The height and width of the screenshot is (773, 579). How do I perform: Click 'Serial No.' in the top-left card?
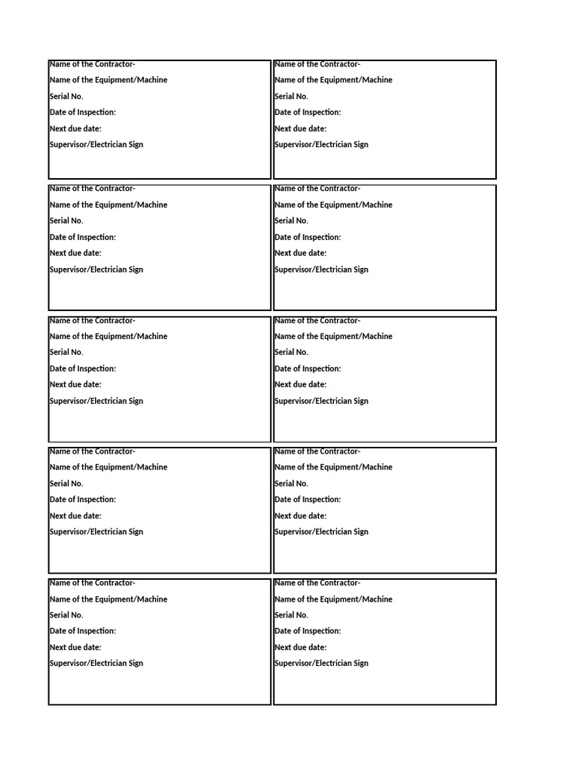coord(66,96)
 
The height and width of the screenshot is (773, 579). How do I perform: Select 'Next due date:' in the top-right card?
coord(301,128)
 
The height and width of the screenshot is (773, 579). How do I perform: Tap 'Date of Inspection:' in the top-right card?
coord(308,112)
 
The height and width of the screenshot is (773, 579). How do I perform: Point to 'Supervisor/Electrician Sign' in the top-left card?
coord(96,144)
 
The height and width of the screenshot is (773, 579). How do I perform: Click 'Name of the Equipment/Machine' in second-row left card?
coord(109,205)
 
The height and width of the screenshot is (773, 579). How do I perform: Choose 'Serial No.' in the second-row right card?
coord(292,220)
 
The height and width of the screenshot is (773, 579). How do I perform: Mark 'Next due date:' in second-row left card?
coord(75,253)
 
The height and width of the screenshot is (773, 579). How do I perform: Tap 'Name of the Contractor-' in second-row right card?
coord(317,189)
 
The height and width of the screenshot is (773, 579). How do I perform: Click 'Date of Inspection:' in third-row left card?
coord(83,368)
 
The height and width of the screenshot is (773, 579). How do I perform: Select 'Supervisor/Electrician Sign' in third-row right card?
coord(322,401)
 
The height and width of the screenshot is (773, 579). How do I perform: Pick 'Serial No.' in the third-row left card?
coord(66,352)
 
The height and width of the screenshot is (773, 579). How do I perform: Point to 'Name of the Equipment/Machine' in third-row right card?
coord(334,336)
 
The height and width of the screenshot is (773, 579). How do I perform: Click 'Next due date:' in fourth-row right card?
coord(301,516)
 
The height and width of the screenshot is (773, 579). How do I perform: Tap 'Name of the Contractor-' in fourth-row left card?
coord(93,451)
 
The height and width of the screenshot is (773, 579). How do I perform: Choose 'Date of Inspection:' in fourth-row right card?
coord(308,499)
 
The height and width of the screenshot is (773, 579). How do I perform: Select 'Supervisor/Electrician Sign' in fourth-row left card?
coord(96,531)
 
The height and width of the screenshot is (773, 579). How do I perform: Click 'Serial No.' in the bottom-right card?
coord(292,614)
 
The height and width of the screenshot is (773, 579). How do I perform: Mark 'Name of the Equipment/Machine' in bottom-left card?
coord(109,599)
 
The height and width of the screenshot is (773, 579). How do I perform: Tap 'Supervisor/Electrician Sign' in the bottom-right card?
coord(322,663)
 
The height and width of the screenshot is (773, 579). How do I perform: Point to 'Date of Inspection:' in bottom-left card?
coord(83,630)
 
